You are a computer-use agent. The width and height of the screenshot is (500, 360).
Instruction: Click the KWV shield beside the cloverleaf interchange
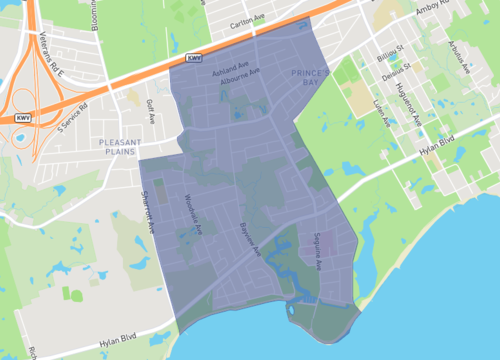tap(21, 118)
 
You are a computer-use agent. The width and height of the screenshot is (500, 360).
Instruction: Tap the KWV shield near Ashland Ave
tap(195, 60)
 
